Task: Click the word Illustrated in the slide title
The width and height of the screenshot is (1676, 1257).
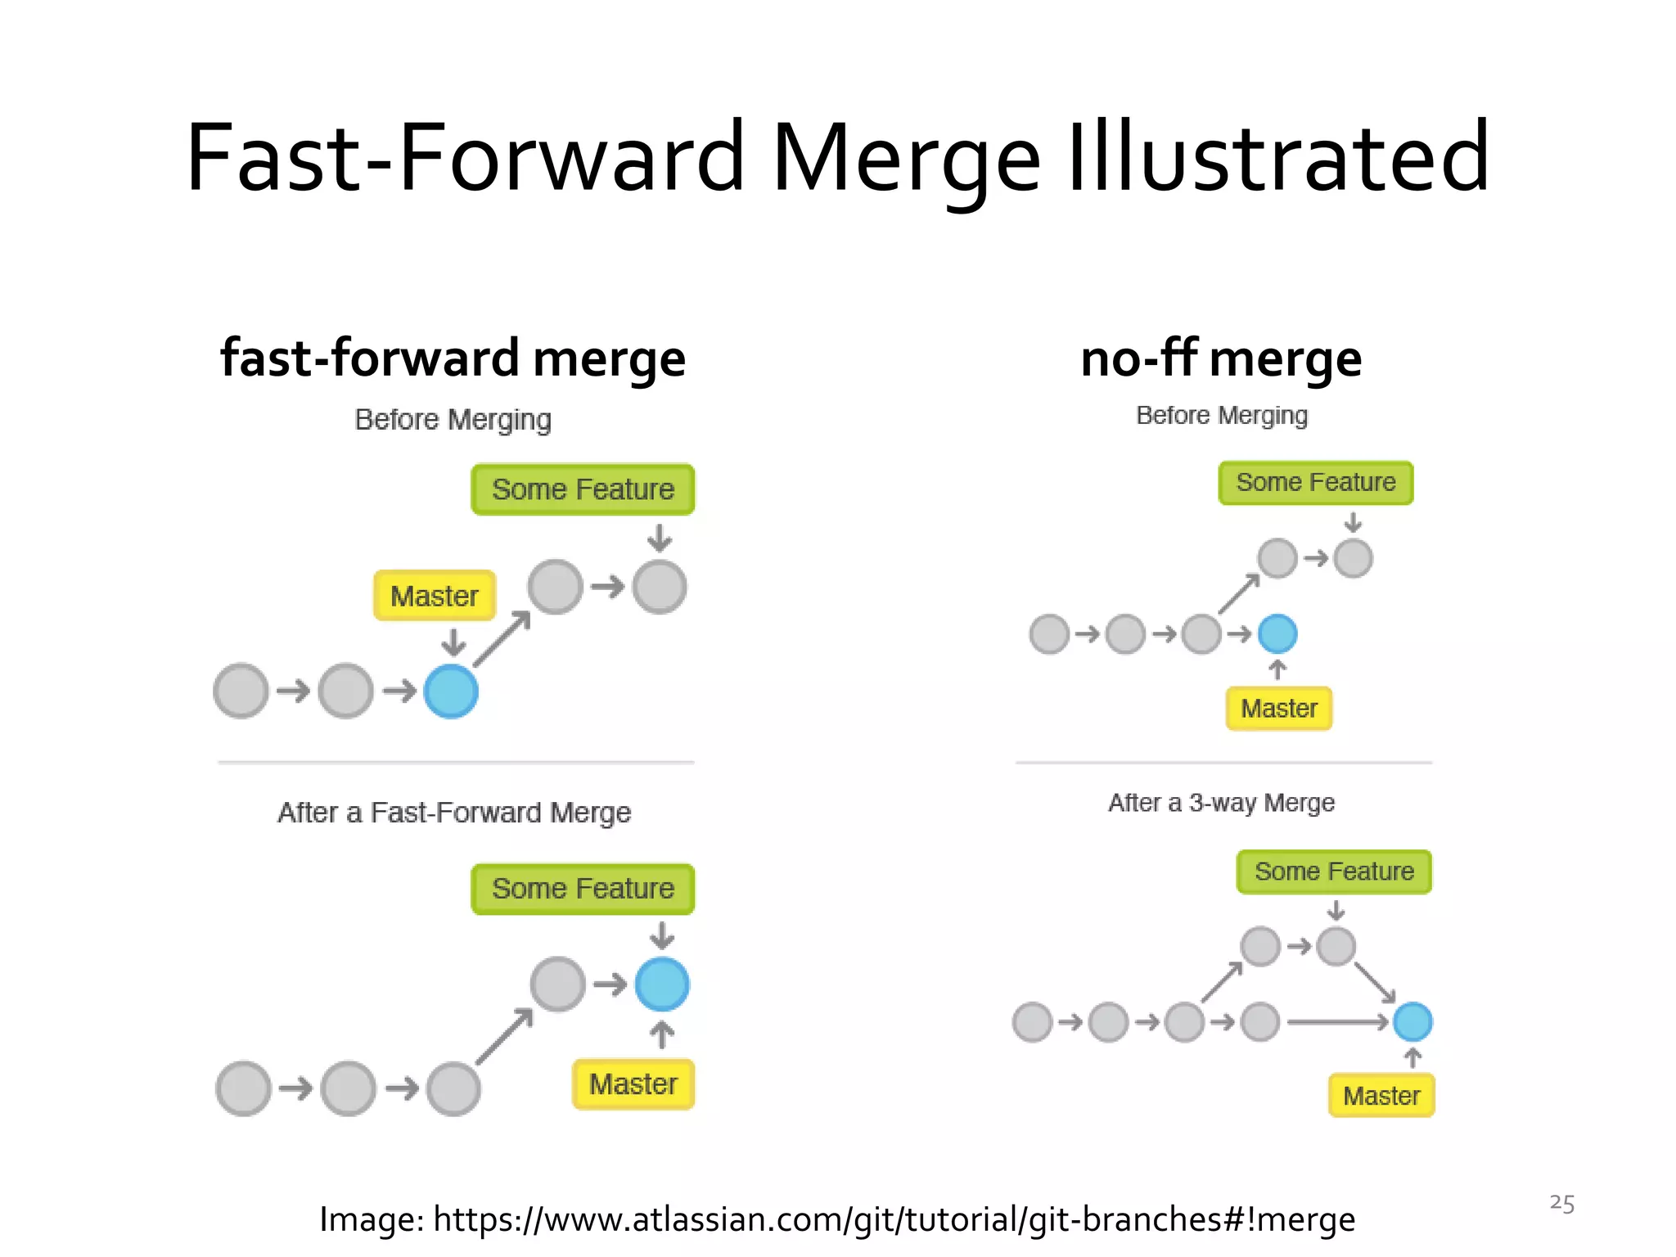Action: [1278, 157]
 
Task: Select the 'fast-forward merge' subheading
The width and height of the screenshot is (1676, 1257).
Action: [453, 358]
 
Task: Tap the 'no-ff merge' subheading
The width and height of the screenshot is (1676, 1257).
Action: [1221, 358]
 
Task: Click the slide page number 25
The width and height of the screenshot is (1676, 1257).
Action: [1561, 1204]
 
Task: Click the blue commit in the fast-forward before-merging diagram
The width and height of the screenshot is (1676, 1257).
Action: [451, 692]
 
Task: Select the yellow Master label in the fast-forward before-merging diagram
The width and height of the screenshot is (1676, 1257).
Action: [435, 596]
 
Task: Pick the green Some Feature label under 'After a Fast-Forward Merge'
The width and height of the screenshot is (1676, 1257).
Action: [583, 889]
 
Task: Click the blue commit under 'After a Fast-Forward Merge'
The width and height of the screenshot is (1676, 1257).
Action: [662, 984]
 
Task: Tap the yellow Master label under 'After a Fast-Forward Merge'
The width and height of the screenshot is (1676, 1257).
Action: [633, 1084]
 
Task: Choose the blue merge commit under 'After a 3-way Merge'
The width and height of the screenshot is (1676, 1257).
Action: [1412, 1022]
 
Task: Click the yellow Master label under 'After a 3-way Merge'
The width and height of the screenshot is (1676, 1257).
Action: [1381, 1096]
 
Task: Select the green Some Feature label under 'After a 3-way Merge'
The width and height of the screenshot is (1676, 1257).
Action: [1334, 872]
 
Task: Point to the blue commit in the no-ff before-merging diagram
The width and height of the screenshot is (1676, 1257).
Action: [1277, 633]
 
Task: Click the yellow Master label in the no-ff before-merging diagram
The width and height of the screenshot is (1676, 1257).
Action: [1279, 708]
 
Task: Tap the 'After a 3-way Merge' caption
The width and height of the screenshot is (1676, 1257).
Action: [1221, 803]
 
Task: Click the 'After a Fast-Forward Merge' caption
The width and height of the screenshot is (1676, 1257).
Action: [454, 813]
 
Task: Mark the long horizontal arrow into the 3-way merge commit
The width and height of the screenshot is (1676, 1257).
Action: [1337, 1022]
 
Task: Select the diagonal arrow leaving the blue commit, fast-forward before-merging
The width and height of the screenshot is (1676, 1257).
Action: [502, 639]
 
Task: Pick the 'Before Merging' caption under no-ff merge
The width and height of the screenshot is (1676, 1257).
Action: [1222, 416]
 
